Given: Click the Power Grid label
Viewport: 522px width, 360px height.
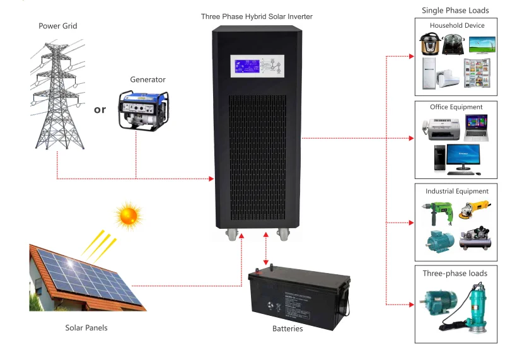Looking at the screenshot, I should click(x=57, y=26).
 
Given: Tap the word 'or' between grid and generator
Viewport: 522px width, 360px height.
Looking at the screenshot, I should click(x=100, y=110).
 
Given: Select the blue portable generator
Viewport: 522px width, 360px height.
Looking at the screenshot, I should click(x=144, y=110).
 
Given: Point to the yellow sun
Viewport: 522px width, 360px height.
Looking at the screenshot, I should click(x=128, y=216).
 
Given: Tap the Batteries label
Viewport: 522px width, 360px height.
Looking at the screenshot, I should click(x=287, y=328).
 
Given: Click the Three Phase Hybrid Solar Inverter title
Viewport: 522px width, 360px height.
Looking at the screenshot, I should click(x=257, y=16).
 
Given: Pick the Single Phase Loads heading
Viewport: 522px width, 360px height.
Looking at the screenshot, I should click(x=455, y=10).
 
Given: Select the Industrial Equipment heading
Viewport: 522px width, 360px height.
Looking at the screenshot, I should click(x=456, y=191).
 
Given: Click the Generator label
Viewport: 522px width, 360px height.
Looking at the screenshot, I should click(x=148, y=79).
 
